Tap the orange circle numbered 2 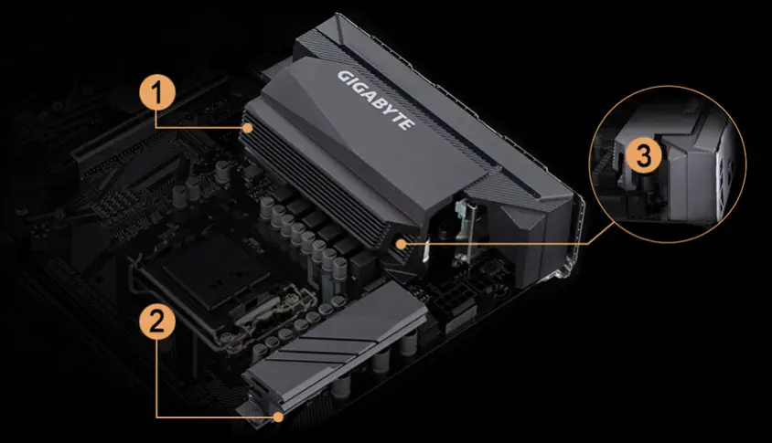click(x=157, y=322)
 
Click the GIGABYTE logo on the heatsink click(x=376, y=100)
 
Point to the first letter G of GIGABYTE click(x=344, y=78)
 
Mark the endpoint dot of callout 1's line click(x=249, y=128)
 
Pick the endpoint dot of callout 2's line click(x=279, y=417)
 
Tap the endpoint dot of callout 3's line click(x=402, y=243)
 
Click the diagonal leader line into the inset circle click(x=602, y=233)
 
